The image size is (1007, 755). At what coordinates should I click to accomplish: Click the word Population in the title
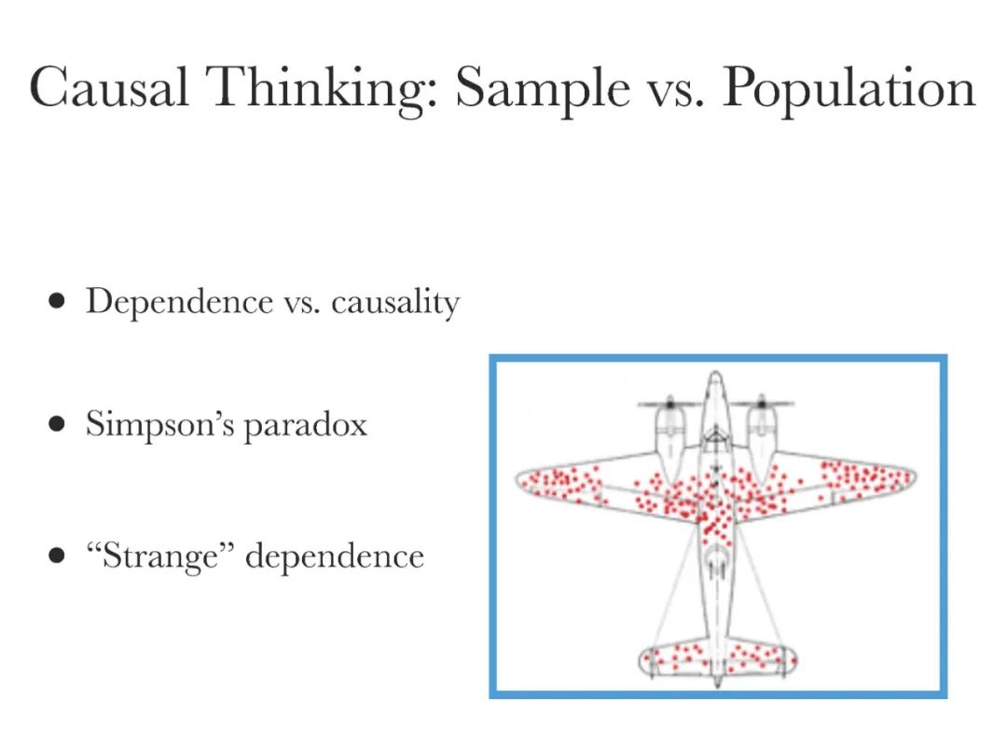coord(848,89)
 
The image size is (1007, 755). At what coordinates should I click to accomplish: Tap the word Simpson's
coord(159,424)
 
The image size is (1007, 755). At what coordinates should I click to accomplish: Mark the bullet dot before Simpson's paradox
coord(58,425)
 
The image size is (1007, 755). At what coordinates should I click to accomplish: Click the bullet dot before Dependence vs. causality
coord(58,302)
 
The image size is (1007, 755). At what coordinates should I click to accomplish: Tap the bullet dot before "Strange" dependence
coord(58,556)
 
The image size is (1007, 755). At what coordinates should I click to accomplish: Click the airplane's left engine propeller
coord(669,405)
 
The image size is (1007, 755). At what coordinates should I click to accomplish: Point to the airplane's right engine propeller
coord(761,405)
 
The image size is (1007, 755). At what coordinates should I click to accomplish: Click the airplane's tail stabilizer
coord(716,660)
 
